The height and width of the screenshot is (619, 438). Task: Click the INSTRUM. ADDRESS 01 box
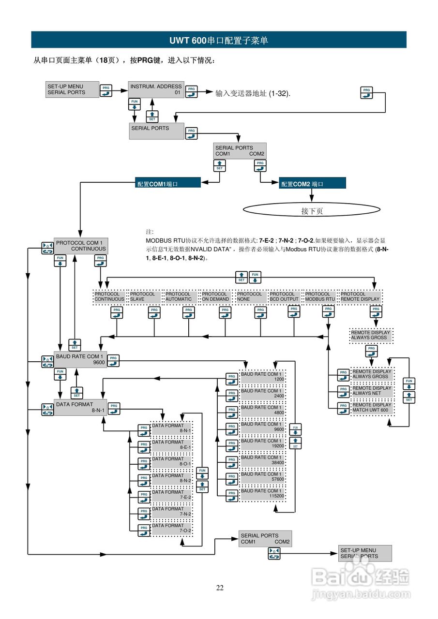[156, 89]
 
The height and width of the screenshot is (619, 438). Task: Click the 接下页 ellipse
[312, 210]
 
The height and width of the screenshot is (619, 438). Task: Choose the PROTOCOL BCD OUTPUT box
[285, 296]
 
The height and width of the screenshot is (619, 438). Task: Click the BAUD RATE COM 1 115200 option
[261, 494]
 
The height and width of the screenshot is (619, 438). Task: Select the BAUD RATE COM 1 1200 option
[261, 377]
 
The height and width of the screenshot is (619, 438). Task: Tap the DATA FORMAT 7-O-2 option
[172, 528]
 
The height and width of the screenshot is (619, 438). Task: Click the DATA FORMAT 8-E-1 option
[172, 444]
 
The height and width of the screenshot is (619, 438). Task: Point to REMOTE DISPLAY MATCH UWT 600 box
[371, 408]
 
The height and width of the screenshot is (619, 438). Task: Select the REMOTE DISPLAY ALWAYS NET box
[371, 391]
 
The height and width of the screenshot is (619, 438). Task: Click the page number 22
[220, 588]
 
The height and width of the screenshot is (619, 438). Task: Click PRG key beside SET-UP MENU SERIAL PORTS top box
[106, 90]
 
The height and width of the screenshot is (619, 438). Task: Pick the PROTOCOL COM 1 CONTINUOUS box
[80, 246]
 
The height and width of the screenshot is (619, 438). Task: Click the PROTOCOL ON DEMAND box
[215, 296]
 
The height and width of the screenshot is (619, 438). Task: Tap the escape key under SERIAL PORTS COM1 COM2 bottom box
[274, 554]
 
